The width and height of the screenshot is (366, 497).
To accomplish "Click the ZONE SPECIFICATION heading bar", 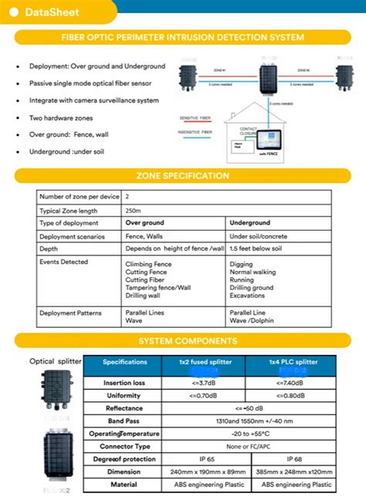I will [182, 176].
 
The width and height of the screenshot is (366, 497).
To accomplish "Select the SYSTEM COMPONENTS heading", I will [182, 341].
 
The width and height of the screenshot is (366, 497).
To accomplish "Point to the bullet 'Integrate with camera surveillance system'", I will [93, 100].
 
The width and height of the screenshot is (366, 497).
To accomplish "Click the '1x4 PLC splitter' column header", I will [291, 361].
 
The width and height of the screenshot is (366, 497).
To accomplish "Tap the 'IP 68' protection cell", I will [292, 459].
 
